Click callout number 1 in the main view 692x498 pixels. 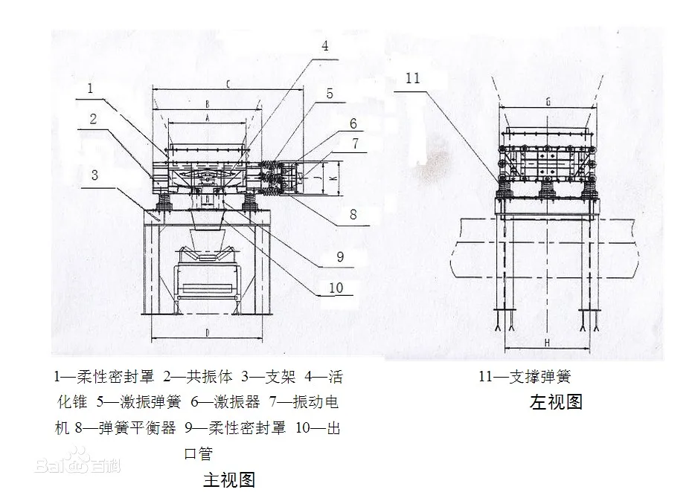coord(89,88)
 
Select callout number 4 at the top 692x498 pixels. coord(325,45)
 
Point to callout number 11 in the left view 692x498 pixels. coord(414,77)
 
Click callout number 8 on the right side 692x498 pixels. coord(353,214)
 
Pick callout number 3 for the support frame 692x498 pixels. coord(94,175)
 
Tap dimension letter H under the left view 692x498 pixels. coord(547,343)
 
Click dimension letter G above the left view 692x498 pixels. coord(547,101)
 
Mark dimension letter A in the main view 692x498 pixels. coord(208,117)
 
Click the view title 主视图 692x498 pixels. coord(228,479)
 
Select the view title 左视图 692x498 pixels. coord(556,402)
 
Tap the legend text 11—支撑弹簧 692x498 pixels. coord(525,378)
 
